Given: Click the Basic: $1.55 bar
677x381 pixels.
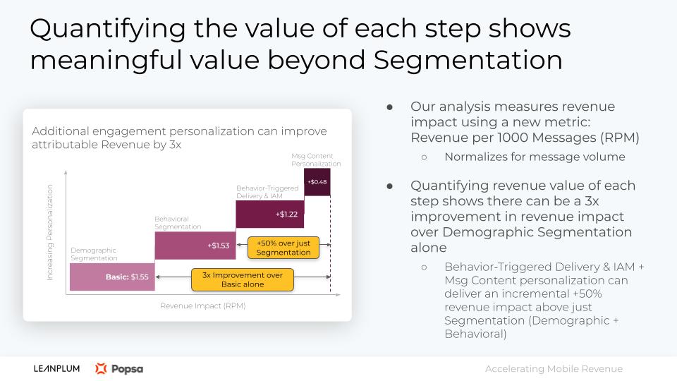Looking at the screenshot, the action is [x=112, y=277].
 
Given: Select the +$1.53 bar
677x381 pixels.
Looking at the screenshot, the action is [x=195, y=246].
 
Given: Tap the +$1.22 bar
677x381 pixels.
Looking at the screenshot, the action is [x=270, y=214].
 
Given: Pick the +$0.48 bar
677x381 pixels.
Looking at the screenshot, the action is [x=317, y=182].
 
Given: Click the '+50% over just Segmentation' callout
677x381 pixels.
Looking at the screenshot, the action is [x=283, y=248].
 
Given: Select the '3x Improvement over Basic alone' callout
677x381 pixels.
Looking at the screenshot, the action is [x=242, y=279].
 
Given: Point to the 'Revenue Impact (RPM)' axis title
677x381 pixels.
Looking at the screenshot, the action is [x=203, y=306].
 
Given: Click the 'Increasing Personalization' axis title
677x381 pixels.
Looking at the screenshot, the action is [x=49, y=232].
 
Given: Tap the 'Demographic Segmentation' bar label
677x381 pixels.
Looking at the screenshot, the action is [x=94, y=254].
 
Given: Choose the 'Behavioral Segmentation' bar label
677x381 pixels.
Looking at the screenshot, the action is [x=178, y=223].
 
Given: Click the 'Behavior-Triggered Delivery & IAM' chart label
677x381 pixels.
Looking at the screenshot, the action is [x=267, y=192].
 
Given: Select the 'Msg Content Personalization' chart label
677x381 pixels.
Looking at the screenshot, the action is [x=316, y=160].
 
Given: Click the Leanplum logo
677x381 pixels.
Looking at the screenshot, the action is [x=56, y=368].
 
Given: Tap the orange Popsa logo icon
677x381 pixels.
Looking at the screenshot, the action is [x=101, y=368].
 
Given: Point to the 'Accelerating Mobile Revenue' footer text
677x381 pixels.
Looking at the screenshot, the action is [x=554, y=369].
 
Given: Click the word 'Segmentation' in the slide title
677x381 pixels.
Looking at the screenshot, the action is [x=468, y=60].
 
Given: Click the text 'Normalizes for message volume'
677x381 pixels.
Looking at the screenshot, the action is [x=535, y=157].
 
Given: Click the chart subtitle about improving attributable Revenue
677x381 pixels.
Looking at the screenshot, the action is [x=179, y=138].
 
